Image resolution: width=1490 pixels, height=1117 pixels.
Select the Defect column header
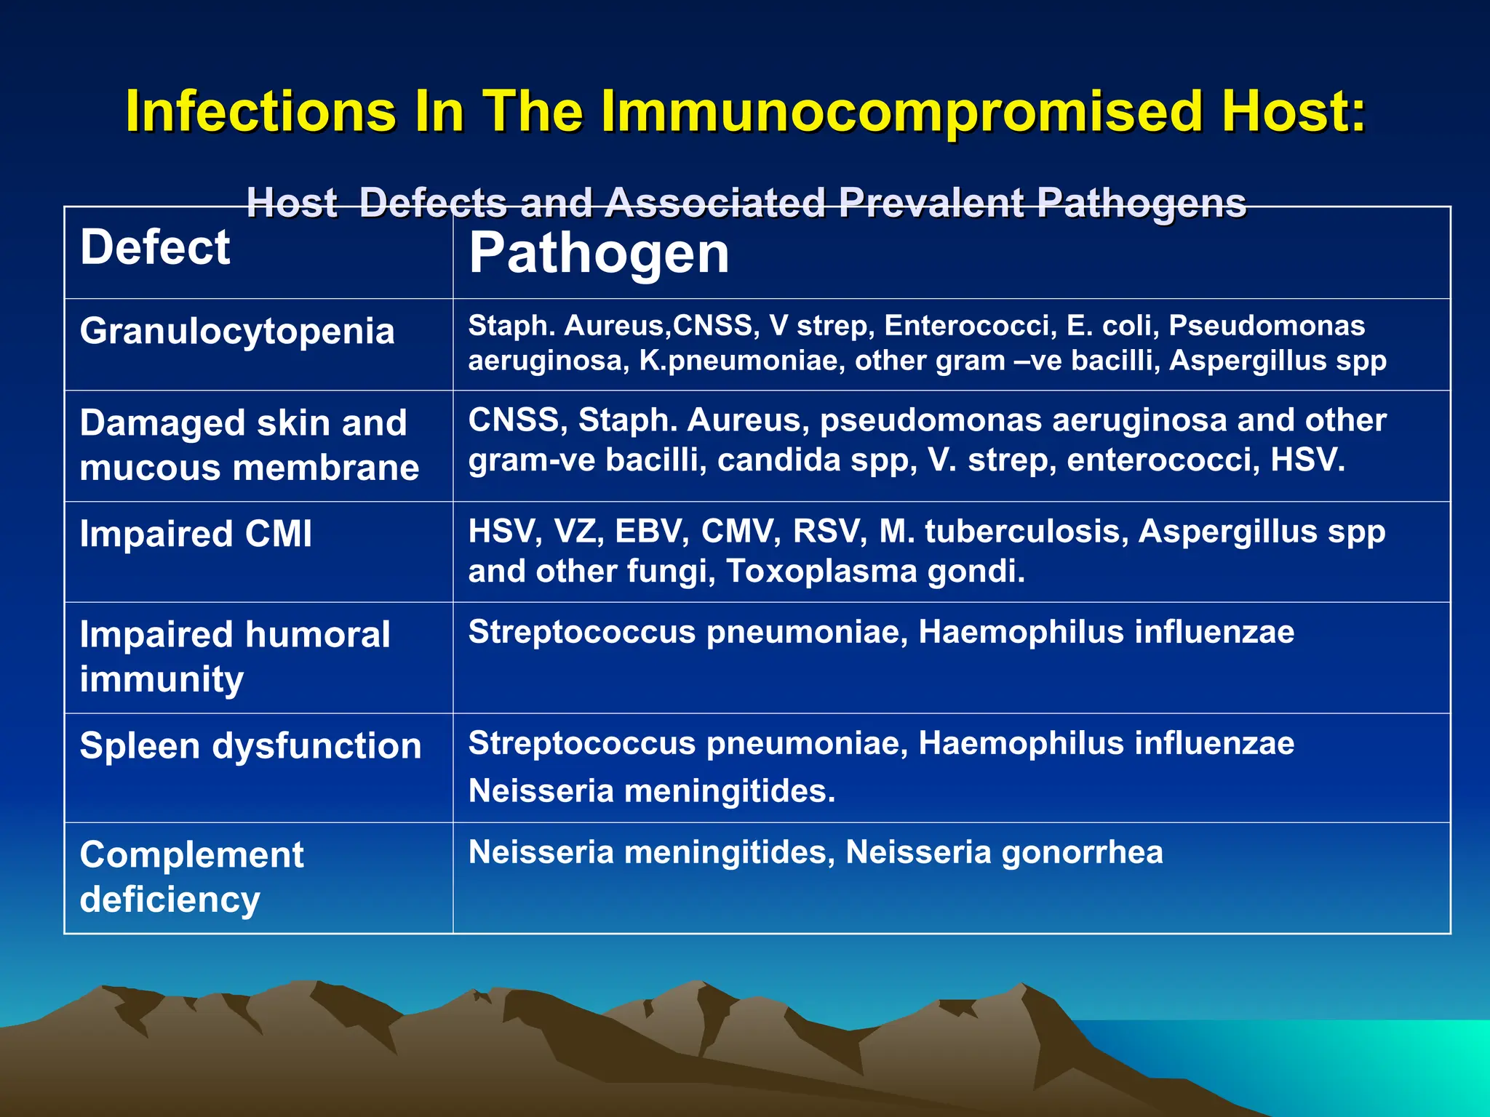[155, 247]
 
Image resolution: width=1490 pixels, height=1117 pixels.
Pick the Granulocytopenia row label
[237, 331]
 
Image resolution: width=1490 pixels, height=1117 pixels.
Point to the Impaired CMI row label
[196, 534]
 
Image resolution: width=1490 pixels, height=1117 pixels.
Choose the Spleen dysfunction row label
[250, 746]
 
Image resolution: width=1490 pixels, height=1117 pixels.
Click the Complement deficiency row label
[191, 876]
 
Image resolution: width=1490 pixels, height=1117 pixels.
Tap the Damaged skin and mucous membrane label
[249, 445]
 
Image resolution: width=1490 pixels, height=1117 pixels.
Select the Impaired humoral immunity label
[234, 656]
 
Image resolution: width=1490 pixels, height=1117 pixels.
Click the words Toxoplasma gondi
[875, 571]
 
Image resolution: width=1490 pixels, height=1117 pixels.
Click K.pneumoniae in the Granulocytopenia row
[741, 361]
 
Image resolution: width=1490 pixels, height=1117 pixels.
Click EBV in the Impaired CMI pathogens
[651, 532]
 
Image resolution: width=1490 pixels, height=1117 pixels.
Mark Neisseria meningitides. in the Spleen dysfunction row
[651, 790]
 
